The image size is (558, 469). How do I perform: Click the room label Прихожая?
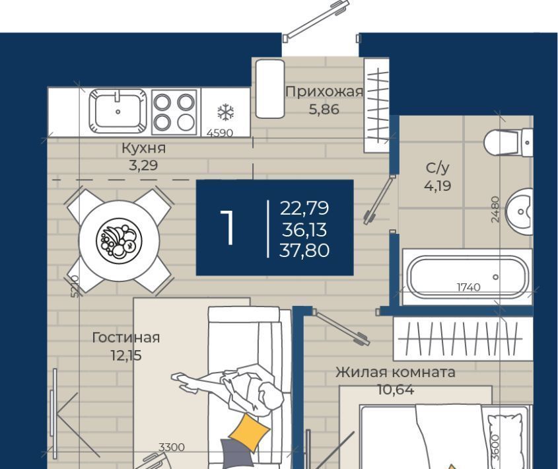(324, 92)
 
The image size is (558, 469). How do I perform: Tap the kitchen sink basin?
(118, 111)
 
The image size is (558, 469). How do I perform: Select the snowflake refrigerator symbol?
(226, 112)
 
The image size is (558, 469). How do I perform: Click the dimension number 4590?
(220, 133)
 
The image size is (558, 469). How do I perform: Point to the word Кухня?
(143, 148)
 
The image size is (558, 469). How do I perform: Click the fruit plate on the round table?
(119, 240)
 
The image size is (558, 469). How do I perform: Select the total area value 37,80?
(304, 250)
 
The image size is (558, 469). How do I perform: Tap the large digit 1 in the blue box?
(227, 227)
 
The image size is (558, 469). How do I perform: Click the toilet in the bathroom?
(508, 143)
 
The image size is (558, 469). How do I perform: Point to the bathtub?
(468, 277)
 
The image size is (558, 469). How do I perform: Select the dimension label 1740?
(468, 287)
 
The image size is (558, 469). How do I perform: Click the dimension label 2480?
(495, 209)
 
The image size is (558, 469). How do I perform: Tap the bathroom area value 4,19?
(438, 186)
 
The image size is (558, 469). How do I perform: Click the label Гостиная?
(125, 338)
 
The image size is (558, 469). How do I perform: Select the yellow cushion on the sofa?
(249, 431)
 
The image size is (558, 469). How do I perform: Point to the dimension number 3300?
(172, 447)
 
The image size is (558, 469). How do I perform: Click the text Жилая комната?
(396, 372)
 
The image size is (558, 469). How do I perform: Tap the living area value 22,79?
(304, 208)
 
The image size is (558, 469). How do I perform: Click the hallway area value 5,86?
(324, 110)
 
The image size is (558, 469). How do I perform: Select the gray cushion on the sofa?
(236, 453)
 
